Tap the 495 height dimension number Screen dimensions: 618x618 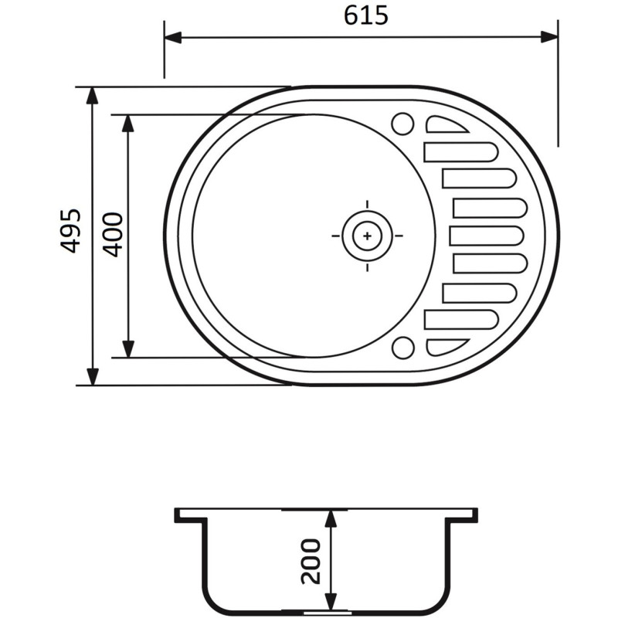70,230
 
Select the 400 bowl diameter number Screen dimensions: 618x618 113,234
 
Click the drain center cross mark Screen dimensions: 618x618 367,235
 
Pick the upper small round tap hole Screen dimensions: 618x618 402,124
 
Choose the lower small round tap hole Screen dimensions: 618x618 402,348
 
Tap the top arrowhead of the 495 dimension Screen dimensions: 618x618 93,95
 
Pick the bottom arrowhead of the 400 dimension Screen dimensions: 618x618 129,349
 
